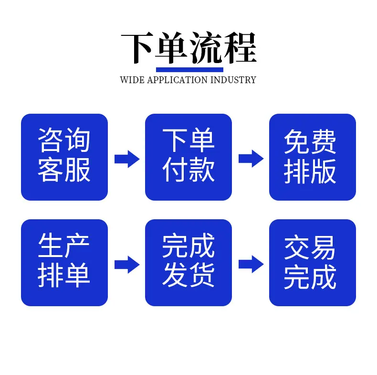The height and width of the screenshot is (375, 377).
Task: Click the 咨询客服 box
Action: (x=64, y=157)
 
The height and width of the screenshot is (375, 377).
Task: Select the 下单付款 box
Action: (x=188, y=157)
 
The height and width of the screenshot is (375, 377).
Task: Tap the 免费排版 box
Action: (x=313, y=157)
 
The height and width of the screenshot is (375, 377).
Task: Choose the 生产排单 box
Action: (x=64, y=263)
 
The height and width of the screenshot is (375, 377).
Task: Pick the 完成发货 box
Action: (x=188, y=263)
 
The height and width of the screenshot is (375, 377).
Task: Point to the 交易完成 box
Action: (x=313, y=263)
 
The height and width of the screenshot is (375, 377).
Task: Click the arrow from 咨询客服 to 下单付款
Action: (x=127, y=159)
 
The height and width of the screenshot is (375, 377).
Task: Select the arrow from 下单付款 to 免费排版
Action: (x=251, y=159)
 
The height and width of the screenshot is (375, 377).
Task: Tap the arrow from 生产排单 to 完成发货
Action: (x=127, y=265)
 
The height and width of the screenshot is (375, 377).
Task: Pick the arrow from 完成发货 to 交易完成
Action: (x=251, y=264)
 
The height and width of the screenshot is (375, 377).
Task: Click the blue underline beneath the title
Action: (x=190, y=70)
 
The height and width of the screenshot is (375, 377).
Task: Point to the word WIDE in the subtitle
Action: (x=132, y=80)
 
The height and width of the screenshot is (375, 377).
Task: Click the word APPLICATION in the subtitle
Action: (x=177, y=80)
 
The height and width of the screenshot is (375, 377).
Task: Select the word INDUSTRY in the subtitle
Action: (x=233, y=80)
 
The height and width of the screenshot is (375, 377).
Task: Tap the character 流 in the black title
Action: (x=206, y=48)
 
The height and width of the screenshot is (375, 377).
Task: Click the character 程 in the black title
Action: (x=240, y=48)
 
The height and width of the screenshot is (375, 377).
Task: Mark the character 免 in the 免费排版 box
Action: (x=297, y=141)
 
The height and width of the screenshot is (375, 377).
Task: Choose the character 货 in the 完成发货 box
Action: (x=202, y=275)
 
